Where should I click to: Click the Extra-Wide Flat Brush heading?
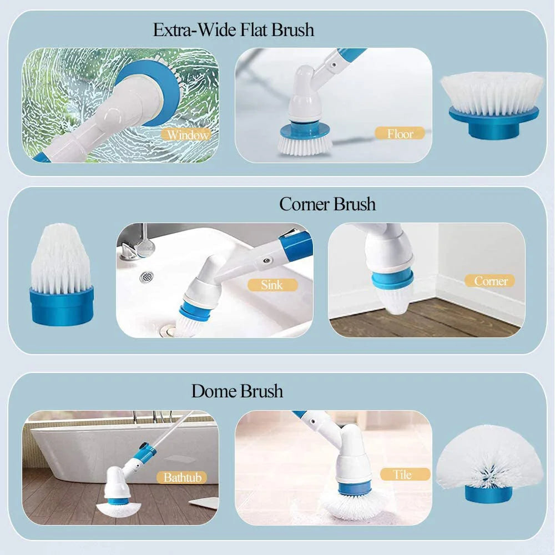pos(234,29)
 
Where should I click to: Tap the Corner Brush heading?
pos(327,204)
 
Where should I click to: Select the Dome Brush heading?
pos(237,391)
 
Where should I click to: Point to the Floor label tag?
pos(400,134)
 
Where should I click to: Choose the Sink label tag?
pos(271,285)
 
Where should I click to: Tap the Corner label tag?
pos(490,281)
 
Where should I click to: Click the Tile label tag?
pos(405,475)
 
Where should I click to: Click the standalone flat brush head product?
pos(492,105)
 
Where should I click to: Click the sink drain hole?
pos(147,276)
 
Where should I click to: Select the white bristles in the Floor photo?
pos(304,145)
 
